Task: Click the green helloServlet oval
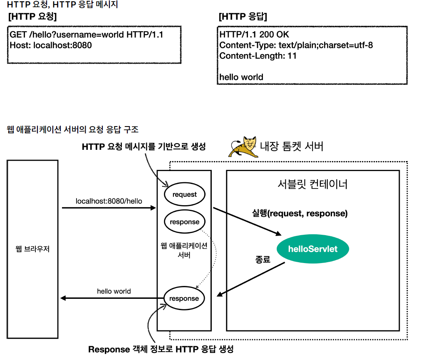point(313,249)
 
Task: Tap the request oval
point(184,194)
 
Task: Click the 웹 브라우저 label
point(32,250)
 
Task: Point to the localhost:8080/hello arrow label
point(109,201)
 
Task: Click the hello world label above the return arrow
point(114,291)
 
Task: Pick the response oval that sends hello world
point(184,298)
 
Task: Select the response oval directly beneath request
point(184,222)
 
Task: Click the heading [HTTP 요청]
point(32,17)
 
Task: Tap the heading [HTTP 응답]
point(243,17)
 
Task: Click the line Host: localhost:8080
point(51,45)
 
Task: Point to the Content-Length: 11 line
point(258,56)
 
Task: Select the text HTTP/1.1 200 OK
point(254,35)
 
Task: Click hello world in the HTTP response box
point(241,77)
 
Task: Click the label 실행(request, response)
point(300,214)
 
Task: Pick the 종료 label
point(263,260)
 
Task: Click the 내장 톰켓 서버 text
point(291,146)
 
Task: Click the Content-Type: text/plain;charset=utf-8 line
point(296,45)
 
